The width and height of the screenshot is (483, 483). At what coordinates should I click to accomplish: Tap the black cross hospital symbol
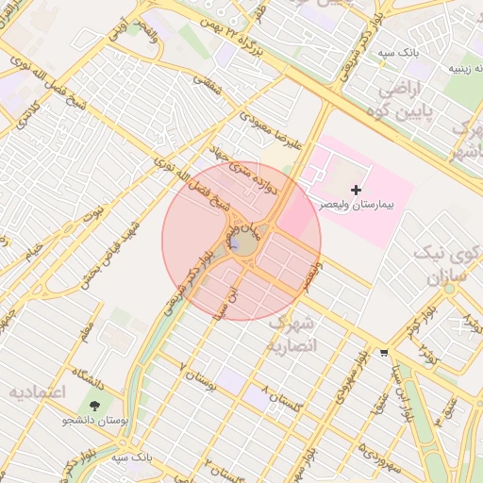pos(356,191)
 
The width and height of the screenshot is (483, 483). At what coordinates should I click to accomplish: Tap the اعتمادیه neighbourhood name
pos(36,391)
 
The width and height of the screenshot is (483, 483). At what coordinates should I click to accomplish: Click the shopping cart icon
pos(383,353)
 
